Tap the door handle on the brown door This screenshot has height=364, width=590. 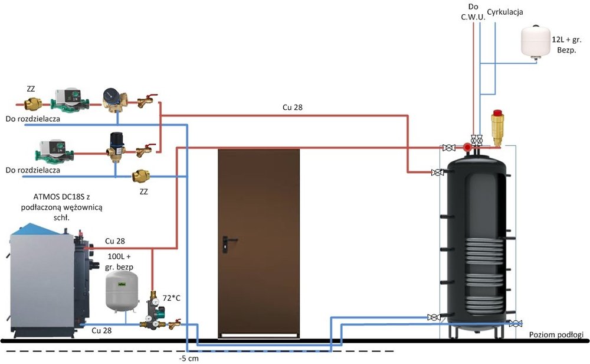pyautogui.click(x=227, y=240)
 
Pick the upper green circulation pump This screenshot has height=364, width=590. pyautogui.click(x=68, y=100)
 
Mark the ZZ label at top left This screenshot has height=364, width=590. pyautogui.click(x=31, y=89)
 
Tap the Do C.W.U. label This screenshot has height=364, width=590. pyautogui.click(x=473, y=11)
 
